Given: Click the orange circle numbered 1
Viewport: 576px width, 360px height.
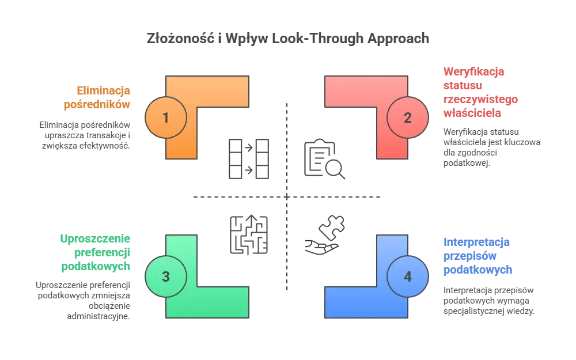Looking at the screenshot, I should [166, 118].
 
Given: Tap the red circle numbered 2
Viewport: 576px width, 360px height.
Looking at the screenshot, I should [408, 118].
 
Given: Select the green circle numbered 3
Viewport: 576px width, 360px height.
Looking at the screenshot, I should [166, 277].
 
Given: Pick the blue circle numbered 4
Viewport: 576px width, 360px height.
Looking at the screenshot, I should [408, 277].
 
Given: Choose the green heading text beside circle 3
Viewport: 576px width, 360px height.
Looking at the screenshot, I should [96, 253].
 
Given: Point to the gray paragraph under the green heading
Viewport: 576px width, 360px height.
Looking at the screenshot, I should [85, 300].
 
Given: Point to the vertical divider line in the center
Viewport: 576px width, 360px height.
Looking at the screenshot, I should [289, 144].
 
